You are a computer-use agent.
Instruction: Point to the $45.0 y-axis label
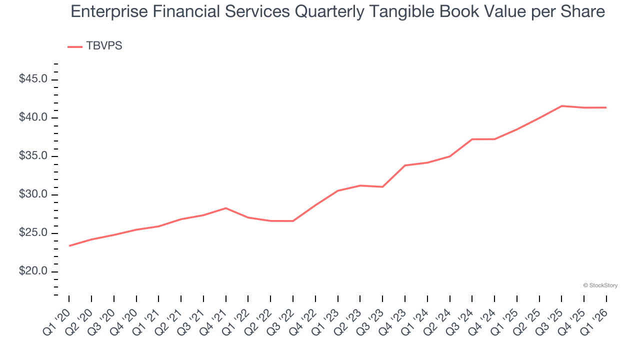pyautogui.click(x=33, y=79)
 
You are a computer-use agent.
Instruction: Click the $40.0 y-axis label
pyautogui.click(x=33, y=118)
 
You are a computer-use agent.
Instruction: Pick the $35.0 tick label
pyautogui.click(x=33, y=156)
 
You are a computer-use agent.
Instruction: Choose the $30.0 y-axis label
pyautogui.click(x=33, y=195)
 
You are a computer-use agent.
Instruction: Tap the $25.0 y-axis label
pyautogui.click(x=33, y=233)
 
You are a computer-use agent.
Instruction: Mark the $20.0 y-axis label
pyautogui.click(x=33, y=272)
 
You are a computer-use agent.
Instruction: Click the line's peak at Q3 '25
pyautogui.click(x=561, y=106)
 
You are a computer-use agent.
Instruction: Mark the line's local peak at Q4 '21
pyautogui.click(x=226, y=208)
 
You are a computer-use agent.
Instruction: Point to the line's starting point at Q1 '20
pyautogui.click(x=69, y=245)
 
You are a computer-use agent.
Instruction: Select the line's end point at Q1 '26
pyautogui.click(x=606, y=107)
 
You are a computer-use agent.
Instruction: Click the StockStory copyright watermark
pyautogui.click(x=600, y=285)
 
